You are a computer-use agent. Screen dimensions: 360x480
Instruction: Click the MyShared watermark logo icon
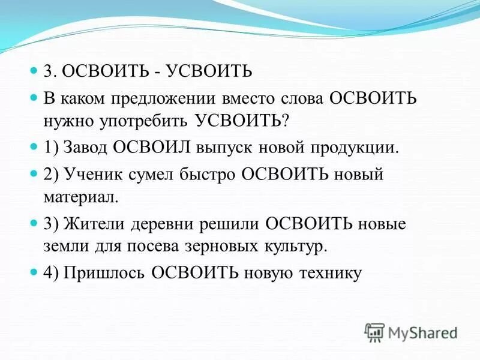coord(374,331)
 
